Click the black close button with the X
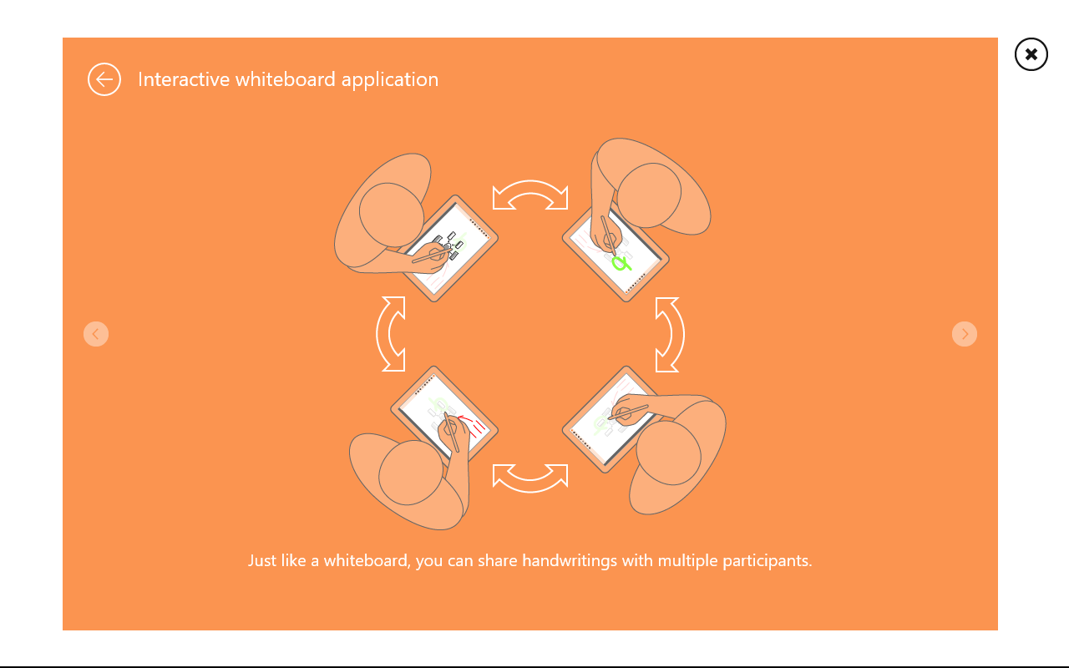pos(1031,54)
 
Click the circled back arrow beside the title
pos(104,79)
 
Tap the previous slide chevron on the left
pos(96,333)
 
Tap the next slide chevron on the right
pos(964,333)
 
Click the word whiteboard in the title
pos(285,79)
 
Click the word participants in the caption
pos(767,561)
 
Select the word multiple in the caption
pos(687,561)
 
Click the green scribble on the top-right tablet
pos(621,263)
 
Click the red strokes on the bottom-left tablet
pos(474,426)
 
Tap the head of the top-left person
pos(392,215)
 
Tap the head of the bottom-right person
pos(669,453)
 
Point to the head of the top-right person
pos(649,195)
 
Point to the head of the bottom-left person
pos(411,473)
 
